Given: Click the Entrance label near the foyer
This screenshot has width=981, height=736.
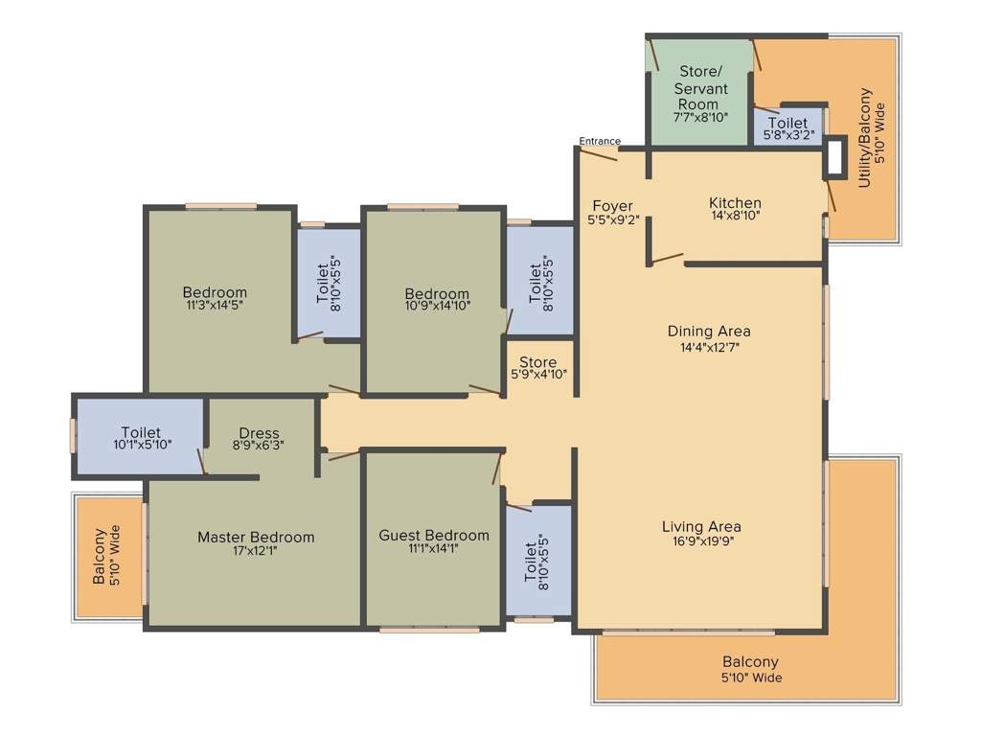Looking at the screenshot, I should (x=600, y=142).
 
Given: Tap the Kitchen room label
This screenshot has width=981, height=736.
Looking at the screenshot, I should (x=735, y=203).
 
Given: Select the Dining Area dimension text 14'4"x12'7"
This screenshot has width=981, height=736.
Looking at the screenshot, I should (x=709, y=348).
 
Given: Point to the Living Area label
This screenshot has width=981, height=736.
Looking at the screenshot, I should (x=701, y=526).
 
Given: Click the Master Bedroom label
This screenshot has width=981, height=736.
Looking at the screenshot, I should (x=256, y=537).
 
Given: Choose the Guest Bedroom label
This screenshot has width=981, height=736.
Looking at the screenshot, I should (x=434, y=535).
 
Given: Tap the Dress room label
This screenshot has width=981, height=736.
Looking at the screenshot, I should (x=260, y=433).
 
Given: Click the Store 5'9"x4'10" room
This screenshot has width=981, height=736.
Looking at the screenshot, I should (x=538, y=368).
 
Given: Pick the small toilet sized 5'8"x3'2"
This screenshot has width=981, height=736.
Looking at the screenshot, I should (x=787, y=129).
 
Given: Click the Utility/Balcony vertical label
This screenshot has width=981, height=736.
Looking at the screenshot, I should (x=865, y=137).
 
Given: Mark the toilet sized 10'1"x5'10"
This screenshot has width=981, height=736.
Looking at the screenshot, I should (x=140, y=438).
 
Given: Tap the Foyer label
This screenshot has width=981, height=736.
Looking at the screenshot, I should (x=612, y=206).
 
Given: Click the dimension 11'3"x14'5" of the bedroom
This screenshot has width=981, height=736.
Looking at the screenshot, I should (x=215, y=308).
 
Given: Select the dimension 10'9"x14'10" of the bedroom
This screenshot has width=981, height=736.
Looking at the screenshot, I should (x=437, y=308).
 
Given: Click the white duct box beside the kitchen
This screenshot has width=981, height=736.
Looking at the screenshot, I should (x=834, y=156).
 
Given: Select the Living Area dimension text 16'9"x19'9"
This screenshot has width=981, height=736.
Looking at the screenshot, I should (x=701, y=542).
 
